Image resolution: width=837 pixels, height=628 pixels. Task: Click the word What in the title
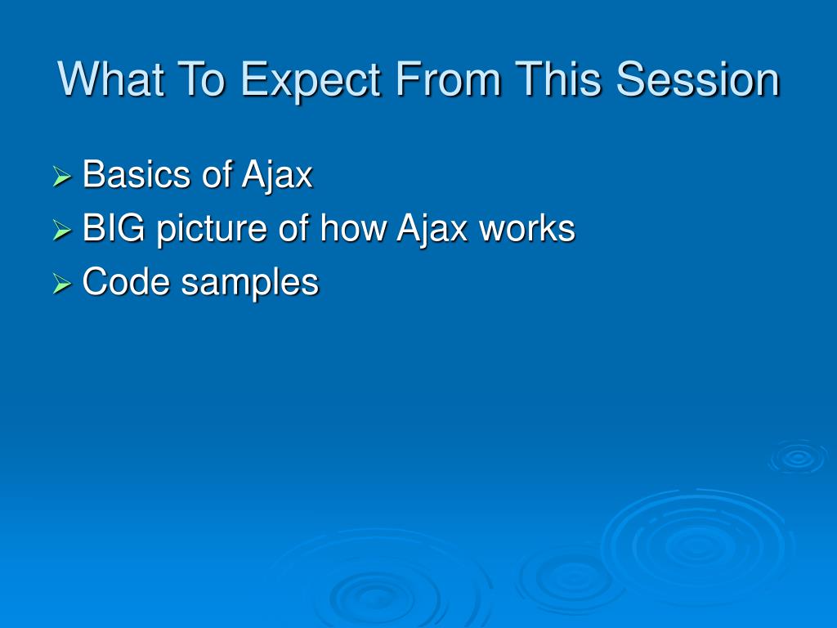(x=110, y=79)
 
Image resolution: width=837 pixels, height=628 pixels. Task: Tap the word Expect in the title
(x=311, y=81)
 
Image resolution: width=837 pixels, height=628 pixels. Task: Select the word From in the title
(x=448, y=79)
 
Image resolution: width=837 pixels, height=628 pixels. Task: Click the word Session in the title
(x=698, y=79)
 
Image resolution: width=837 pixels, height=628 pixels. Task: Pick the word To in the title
(x=201, y=79)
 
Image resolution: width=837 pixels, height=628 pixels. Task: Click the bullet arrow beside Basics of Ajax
(x=62, y=177)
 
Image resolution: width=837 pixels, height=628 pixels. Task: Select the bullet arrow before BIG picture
(x=62, y=230)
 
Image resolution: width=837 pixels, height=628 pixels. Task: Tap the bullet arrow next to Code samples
(x=62, y=284)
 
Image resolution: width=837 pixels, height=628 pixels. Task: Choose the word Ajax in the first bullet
(x=276, y=177)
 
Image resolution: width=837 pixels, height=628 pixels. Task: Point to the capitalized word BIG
(x=114, y=228)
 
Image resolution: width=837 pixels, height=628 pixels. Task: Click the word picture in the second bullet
(x=212, y=231)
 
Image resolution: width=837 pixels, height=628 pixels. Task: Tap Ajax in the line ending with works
(x=432, y=230)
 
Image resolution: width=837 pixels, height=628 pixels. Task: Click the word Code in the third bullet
(x=126, y=281)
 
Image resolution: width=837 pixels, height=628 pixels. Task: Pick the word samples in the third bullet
(x=250, y=284)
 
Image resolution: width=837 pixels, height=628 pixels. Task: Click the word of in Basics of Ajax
(x=216, y=174)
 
